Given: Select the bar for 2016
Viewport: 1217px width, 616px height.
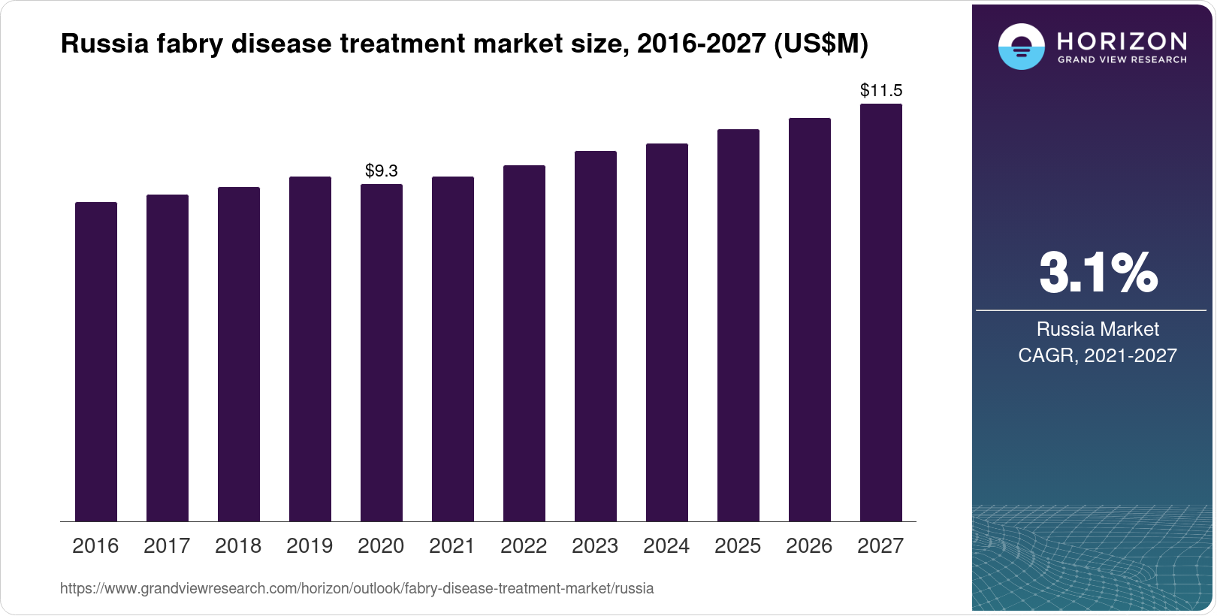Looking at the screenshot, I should click(x=96, y=361).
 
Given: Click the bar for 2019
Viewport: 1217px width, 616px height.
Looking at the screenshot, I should click(x=310, y=349).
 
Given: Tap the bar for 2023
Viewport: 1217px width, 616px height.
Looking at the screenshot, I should click(x=596, y=336).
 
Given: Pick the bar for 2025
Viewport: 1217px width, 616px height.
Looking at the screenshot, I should click(x=738, y=325).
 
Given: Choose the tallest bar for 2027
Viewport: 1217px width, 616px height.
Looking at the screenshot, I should click(x=881, y=313).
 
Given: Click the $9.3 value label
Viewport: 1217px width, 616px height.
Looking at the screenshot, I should click(x=381, y=171).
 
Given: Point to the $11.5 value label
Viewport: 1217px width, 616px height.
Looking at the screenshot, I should click(x=881, y=91).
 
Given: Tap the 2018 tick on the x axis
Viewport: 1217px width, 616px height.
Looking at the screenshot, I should click(x=238, y=545).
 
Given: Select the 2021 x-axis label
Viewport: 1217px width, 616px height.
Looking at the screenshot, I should click(x=452, y=545).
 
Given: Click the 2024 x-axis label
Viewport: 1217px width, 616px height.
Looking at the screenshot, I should click(x=666, y=545).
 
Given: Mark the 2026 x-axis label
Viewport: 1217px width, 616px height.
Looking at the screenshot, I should click(x=809, y=545).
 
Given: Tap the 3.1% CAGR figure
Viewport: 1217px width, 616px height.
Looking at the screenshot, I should click(x=1098, y=273).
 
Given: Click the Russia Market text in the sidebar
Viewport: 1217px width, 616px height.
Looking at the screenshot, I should click(x=1098, y=329).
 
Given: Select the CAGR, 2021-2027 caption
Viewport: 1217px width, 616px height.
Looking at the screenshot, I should click(x=1098, y=355).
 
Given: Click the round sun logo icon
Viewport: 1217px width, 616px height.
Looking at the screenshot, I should click(x=1021, y=47).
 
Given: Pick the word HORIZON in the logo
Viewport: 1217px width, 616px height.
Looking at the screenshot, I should click(x=1122, y=40).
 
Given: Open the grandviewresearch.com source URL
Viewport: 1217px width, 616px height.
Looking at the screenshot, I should click(x=357, y=588).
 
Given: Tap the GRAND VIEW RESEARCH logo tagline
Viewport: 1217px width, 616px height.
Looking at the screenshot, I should click(x=1122, y=59).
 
